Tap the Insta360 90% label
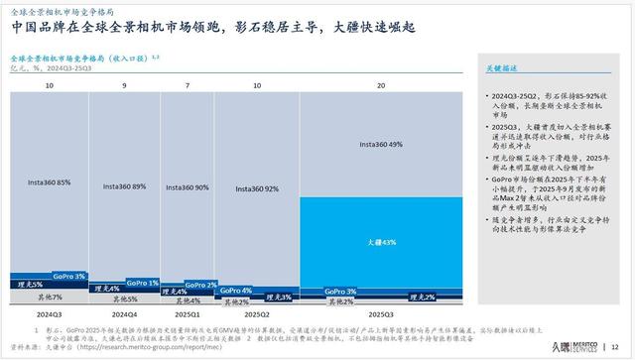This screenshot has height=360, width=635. pyautogui.click(x=189, y=186)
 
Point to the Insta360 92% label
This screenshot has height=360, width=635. pyautogui.click(x=258, y=187)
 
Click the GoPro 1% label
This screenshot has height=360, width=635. pyautogui.click(x=146, y=284)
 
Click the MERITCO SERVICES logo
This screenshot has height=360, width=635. pyautogui.click(x=574, y=345)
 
